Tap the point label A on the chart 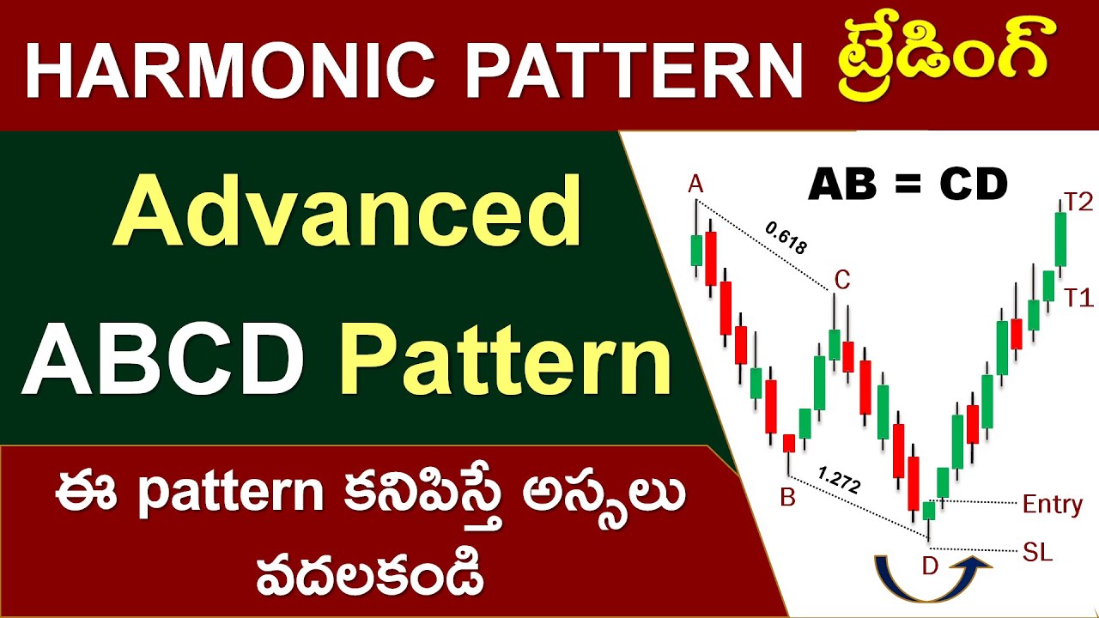[695, 184]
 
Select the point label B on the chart [788, 497]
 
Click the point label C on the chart [842, 279]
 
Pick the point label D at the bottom [930, 566]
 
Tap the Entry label [1052, 504]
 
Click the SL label [1038, 551]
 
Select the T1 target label [1078, 298]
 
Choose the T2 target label [1078, 203]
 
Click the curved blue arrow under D [932, 584]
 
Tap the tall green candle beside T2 [1060, 239]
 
